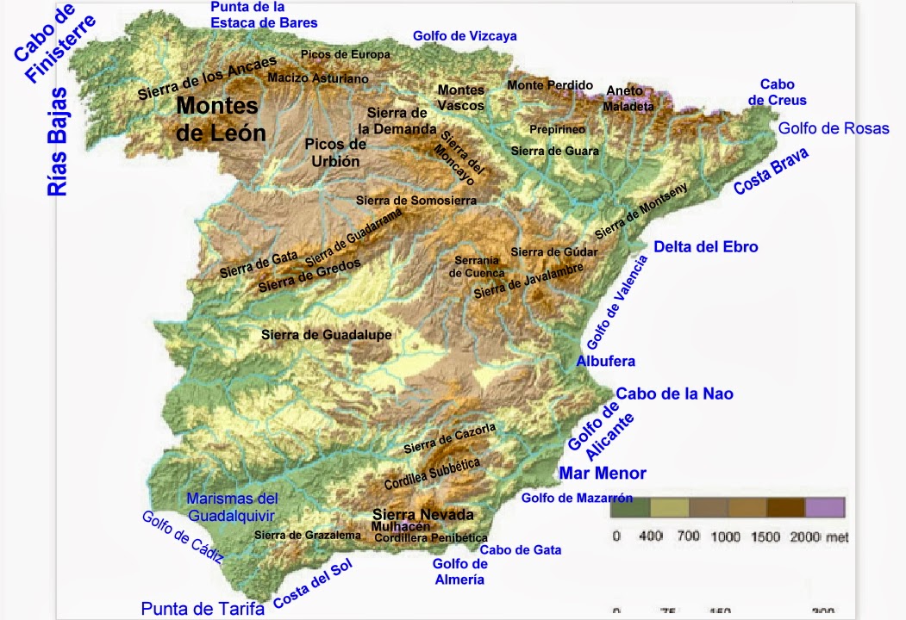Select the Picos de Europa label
tap(345, 54)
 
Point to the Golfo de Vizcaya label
tap(465, 36)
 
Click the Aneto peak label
tap(624, 90)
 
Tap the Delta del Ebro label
tap(705, 247)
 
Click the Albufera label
tap(605, 361)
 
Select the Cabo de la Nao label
tap(674, 394)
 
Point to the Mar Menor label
tap(603, 473)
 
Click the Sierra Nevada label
tap(422, 515)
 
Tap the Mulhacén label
tap(401, 527)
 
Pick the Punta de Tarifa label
tap(203, 609)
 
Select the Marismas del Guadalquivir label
tap(232, 507)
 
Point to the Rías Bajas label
tap(59, 142)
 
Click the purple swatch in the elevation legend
tap(825, 507)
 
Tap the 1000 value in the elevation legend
tap(726, 536)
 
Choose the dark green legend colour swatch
tap(629, 507)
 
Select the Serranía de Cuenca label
tap(477, 266)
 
